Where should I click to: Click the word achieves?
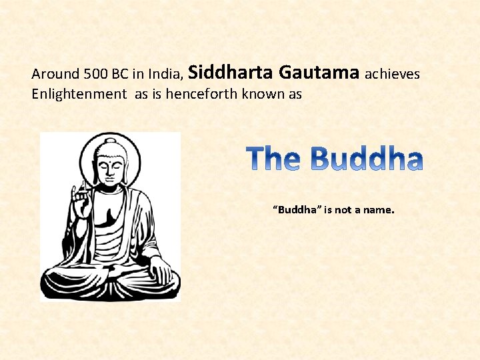pyautogui.click(x=393, y=74)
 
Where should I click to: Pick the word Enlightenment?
pyautogui.click(x=79, y=95)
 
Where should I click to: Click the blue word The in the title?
pyautogui.click(x=274, y=159)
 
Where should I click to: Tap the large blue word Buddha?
pyautogui.click(x=366, y=159)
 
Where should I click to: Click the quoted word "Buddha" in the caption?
pyautogui.click(x=297, y=210)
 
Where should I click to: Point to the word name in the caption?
pyautogui.click(x=379, y=210)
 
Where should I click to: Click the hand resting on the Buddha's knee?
pyautogui.click(x=159, y=271)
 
